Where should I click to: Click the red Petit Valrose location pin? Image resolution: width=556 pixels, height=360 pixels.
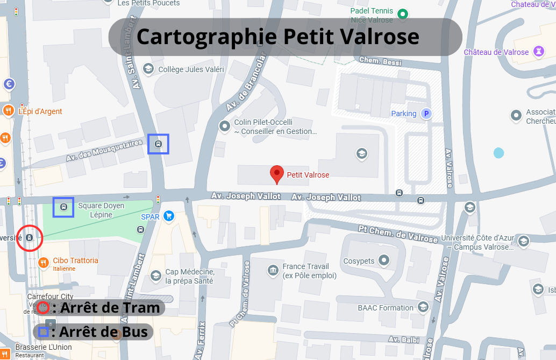point(276,174)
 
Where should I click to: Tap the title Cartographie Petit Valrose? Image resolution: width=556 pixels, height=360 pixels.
point(278,37)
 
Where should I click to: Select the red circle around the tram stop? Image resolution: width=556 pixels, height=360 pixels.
point(30,237)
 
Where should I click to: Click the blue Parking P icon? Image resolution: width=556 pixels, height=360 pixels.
point(426,114)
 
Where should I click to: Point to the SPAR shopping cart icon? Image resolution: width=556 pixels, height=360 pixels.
point(169,216)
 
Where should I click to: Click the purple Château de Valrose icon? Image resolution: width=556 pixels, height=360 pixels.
point(537,52)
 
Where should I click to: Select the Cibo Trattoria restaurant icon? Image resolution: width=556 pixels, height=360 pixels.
point(44,263)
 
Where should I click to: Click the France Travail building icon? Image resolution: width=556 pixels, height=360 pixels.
point(273,269)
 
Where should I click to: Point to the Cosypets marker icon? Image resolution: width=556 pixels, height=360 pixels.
point(383,261)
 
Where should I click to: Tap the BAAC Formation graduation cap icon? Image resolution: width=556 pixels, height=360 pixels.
point(423,308)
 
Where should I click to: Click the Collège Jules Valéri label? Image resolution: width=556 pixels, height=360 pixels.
point(191,69)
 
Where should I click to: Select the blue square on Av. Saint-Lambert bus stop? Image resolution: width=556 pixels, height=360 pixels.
point(158,144)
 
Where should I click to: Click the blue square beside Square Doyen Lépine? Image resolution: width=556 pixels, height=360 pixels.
point(63,207)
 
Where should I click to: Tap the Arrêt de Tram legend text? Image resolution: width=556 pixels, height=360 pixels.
point(110,308)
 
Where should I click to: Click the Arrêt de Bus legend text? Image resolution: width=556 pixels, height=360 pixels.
point(103,331)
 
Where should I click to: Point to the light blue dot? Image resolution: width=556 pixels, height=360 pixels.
point(498,153)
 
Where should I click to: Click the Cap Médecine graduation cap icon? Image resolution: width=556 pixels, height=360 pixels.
point(156,276)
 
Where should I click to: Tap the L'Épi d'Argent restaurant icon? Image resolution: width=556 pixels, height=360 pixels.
point(8,111)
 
